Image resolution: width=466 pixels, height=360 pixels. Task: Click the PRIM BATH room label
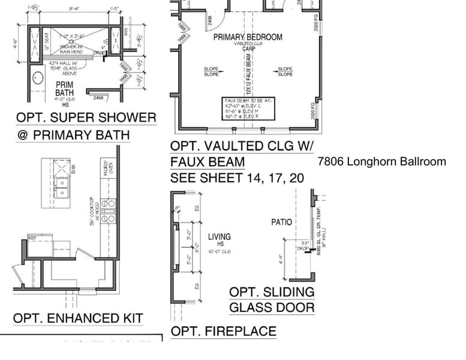[x=64, y=89]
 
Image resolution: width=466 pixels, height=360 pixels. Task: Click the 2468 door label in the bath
[x=98, y=97]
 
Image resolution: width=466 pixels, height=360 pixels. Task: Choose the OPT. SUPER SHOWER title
[x=86, y=117]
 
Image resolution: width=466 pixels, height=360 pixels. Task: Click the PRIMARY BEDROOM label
[x=248, y=37]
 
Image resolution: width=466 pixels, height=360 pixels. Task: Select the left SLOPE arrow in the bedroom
[x=212, y=71]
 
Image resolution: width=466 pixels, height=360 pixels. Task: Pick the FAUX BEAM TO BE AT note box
[x=248, y=109]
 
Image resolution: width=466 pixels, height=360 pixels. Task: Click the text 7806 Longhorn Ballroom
[x=382, y=161]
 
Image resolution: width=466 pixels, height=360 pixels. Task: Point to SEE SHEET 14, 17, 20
[x=237, y=178]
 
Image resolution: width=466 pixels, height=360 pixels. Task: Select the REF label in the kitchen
[x=32, y=238]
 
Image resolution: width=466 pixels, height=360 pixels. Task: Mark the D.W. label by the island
[x=74, y=170]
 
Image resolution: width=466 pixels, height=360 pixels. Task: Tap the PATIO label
[x=281, y=222]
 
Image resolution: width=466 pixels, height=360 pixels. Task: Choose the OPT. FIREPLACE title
[x=223, y=331]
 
